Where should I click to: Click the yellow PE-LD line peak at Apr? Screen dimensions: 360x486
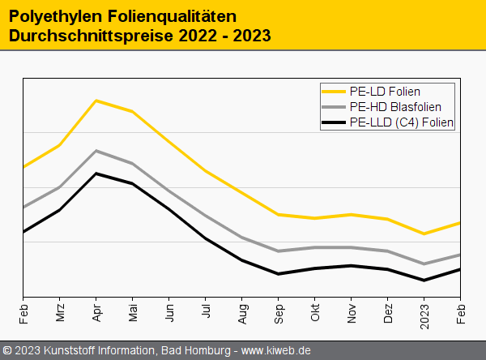point(96,101)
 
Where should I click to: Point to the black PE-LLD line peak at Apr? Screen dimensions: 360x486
point(96,174)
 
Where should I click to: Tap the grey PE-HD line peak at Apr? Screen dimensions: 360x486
point(96,151)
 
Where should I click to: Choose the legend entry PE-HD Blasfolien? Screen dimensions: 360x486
point(395,107)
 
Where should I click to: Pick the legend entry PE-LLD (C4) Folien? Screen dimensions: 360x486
point(401,122)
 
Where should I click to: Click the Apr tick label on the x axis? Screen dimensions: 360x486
point(96,313)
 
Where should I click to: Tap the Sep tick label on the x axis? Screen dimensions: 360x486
point(279,313)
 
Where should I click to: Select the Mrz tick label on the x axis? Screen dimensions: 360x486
point(60,313)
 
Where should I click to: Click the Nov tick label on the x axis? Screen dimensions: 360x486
point(352,313)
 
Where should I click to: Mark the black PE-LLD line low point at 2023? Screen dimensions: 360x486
point(424,281)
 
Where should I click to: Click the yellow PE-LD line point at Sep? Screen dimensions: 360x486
point(279,214)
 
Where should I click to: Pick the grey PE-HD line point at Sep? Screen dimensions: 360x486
point(279,251)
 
